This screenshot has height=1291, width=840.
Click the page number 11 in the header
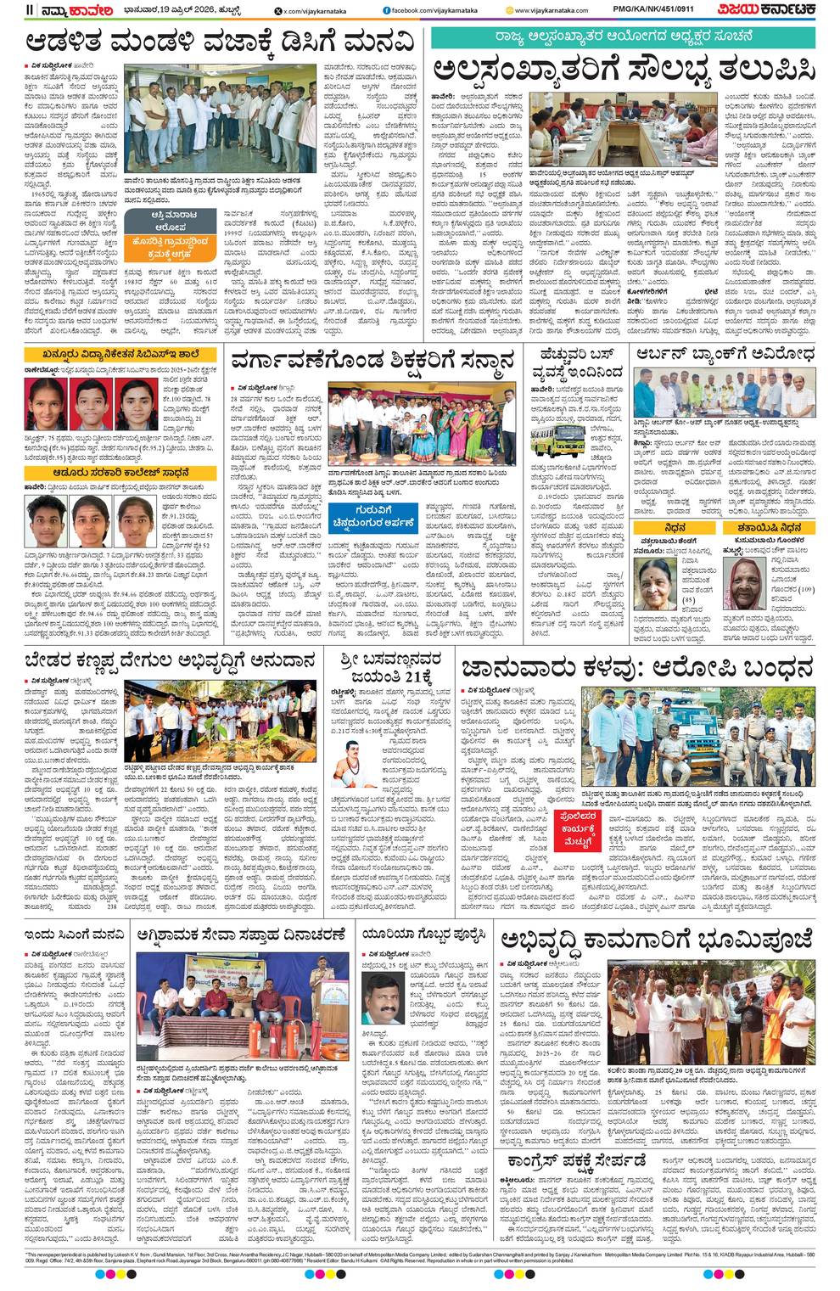[x=31, y=9]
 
